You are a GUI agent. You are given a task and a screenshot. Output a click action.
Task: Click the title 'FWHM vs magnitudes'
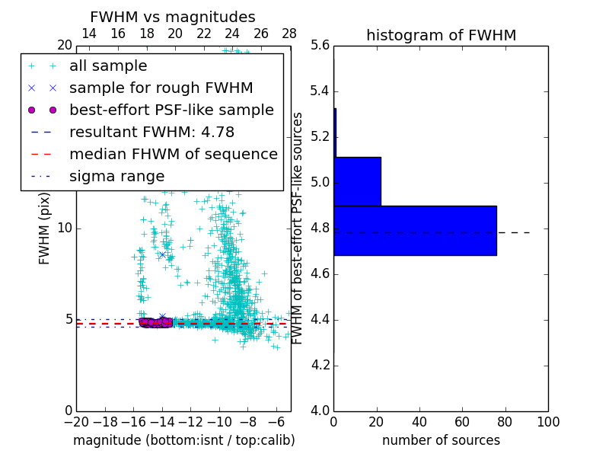(x=173, y=18)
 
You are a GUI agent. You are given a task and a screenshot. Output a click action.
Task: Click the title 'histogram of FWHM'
(x=441, y=36)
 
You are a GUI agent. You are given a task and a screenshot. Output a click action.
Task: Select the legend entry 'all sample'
(x=108, y=66)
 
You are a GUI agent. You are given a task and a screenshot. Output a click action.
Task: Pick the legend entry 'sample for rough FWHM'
(x=161, y=88)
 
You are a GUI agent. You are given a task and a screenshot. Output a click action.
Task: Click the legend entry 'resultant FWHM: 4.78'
(x=151, y=133)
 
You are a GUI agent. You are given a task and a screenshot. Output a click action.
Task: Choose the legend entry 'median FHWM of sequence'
(x=173, y=155)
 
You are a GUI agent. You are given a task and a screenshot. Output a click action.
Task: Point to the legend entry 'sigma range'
(x=116, y=177)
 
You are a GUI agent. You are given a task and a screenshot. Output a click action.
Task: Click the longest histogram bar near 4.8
(x=415, y=230)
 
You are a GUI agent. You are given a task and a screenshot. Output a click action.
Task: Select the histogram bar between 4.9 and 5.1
(x=357, y=181)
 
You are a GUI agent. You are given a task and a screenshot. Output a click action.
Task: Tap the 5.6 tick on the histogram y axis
(x=320, y=46)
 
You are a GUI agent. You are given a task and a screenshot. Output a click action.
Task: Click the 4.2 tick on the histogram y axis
(x=320, y=365)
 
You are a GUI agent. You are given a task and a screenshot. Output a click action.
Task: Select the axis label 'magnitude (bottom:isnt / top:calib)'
(x=183, y=440)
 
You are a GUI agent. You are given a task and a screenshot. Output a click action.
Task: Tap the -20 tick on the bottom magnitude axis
(x=76, y=421)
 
